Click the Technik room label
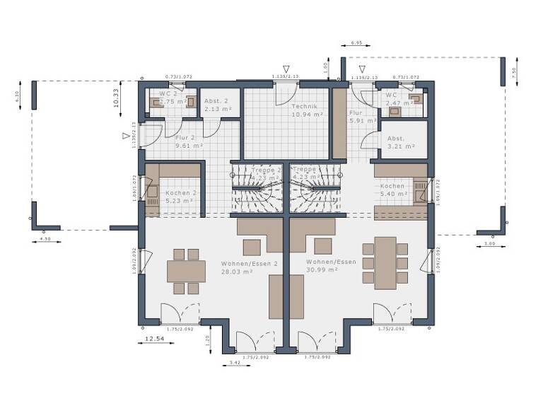305,105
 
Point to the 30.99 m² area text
322,270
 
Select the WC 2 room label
168,93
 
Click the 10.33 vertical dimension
115,98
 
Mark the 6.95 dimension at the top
356,43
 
